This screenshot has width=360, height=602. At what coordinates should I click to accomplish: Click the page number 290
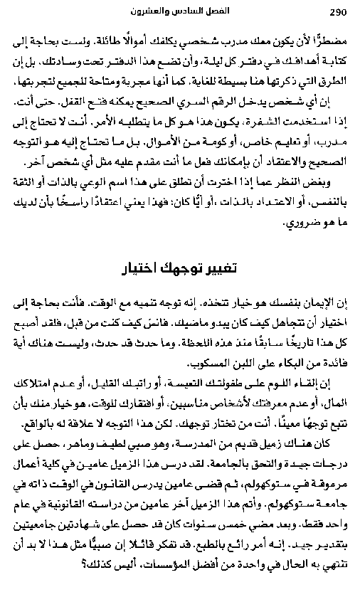click(337, 12)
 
